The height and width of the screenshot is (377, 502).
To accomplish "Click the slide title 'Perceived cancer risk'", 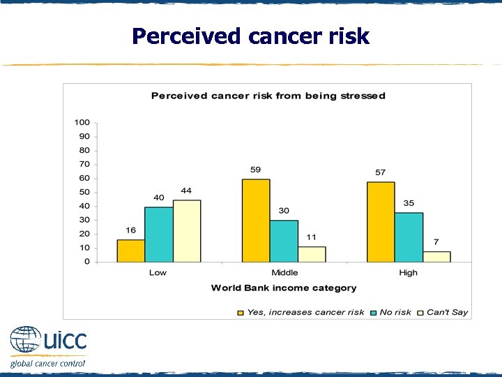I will click(250, 36).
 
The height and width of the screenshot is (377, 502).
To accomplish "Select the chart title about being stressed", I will click(268, 96).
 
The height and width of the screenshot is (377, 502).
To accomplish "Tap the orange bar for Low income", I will click(130, 251).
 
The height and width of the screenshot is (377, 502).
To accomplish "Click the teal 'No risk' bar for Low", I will click(158, 234).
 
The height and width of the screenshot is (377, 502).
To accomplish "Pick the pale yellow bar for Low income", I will click(186, 231).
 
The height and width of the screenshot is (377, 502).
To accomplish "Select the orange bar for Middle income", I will click(256, 221).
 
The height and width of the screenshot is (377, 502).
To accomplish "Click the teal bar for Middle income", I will click(284, 241).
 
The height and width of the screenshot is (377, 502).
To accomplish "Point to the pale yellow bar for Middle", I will click(312, 254).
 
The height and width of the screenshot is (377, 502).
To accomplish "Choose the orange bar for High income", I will click(381, 222).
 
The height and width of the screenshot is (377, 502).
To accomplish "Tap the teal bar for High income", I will click(409, 237).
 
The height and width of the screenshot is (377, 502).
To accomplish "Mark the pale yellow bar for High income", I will click(436, 257).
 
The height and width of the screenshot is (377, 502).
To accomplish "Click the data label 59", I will click(256, 170).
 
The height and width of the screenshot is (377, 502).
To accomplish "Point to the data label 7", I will click(436, 242).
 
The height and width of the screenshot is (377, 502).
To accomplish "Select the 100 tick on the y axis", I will click(82, 122).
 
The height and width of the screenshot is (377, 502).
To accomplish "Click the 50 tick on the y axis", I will click(84, 192).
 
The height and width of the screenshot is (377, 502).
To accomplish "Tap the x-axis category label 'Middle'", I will click(284, 272).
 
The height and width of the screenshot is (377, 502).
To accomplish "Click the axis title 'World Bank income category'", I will click(284, 288).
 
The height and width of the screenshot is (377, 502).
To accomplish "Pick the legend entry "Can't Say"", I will click(447, 312).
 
